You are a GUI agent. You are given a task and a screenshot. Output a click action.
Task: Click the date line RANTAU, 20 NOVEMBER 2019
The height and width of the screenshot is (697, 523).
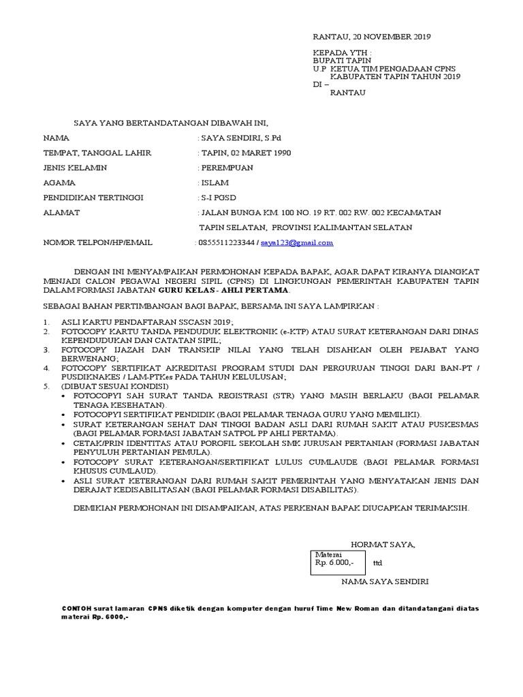click(371, 37)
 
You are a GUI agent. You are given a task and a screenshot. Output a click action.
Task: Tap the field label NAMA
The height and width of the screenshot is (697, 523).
click(57, 137)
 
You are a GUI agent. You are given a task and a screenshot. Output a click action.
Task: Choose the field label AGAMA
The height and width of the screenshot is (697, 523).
click(59, 182)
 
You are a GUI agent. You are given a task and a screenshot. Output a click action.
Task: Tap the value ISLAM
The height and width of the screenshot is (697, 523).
click(215, 182)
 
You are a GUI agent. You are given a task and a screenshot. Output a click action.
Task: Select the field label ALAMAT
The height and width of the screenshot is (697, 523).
click(62, 212)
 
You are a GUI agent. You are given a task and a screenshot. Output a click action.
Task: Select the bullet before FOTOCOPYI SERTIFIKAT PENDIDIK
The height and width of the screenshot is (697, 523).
click(64, 414)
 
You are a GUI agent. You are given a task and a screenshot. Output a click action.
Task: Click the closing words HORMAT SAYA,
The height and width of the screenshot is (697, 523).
click(382, 544)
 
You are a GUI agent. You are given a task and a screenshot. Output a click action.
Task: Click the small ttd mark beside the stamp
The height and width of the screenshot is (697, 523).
click(379, 564)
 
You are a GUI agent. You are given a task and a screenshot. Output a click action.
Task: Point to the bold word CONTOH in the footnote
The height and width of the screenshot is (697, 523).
click(74, 608)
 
